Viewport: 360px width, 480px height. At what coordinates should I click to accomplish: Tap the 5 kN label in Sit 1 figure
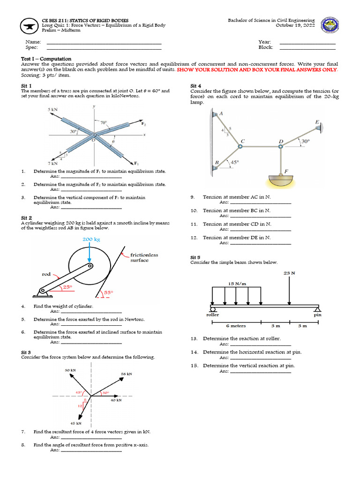point(52,109)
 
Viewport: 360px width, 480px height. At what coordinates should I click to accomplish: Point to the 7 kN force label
point(52,164)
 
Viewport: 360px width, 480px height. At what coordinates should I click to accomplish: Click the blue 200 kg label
point(91,239)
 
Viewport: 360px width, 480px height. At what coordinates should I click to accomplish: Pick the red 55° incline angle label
point(109,292)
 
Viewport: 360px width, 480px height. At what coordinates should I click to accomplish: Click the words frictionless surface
point(144,257)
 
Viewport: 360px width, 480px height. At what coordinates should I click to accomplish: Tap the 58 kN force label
point(127,374)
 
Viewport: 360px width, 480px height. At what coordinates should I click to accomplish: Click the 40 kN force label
point(116,400)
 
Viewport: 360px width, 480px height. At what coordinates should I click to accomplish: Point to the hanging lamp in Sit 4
point(281,180)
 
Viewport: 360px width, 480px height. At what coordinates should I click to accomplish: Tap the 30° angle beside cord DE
point(305,141)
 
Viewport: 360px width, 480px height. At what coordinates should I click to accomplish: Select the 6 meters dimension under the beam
point(236,325)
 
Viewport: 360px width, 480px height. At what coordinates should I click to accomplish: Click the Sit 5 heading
point(195,257)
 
